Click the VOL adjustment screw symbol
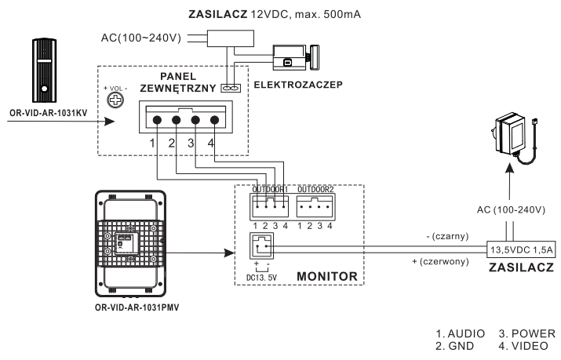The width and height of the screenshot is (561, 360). click(115, 100)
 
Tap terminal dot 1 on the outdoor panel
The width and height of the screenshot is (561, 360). click(157, 120)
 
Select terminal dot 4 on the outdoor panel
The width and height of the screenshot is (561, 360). click(214, 120)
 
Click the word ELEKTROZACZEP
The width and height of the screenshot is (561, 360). click(298, 85)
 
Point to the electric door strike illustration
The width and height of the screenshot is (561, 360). click(296, 58)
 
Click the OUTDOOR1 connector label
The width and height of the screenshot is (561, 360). click(270, 189)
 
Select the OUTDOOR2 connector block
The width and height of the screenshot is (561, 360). click(315, 206)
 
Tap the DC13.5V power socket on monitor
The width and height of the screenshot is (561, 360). click(261, 246)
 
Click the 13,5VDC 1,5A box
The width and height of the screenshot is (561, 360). click(521, 249)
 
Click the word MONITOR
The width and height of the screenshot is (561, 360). click(327, 276)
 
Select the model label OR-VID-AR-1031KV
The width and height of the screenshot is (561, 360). click(49, 113)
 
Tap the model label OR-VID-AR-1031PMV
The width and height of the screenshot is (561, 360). click(137, 307)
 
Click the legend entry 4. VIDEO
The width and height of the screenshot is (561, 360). click(523, 346)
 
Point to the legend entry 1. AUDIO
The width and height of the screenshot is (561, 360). click(460, 333)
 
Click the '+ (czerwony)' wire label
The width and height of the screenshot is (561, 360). click(440, 261)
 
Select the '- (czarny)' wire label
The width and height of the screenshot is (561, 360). click(447, 236)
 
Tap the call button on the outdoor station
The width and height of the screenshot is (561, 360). click(45, 89)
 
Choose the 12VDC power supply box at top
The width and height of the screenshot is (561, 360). click(231, 38)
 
